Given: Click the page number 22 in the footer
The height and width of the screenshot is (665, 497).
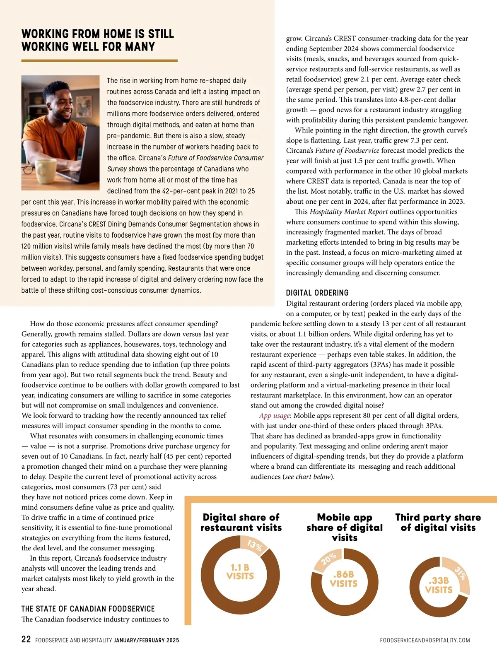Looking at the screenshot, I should (26, 639).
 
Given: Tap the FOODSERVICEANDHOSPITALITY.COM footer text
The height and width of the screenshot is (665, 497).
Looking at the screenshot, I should (425, 640).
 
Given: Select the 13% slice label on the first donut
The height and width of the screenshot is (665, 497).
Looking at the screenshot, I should (254, 545).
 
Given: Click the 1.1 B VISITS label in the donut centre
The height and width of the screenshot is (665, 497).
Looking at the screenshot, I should (240, 572).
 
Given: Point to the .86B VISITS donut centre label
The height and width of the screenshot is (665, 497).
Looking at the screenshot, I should (344, 579).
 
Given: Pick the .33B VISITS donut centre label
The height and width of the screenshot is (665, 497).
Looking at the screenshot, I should (439, 585).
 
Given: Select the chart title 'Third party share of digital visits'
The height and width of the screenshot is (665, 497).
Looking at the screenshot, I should (438, 523).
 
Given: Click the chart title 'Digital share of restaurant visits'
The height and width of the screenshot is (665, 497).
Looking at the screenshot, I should (241, 523).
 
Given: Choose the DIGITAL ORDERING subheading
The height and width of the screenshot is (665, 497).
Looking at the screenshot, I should (317, 293).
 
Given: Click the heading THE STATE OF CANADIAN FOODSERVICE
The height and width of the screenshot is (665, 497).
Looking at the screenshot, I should (88, 609).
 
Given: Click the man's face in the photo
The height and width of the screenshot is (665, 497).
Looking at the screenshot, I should (63, 107).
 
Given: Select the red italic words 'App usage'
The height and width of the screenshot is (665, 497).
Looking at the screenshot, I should (275, 416).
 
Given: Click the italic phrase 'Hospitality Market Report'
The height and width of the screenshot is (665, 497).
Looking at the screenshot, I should (343, 212).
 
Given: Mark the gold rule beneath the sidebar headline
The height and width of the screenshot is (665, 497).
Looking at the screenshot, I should (99, 60).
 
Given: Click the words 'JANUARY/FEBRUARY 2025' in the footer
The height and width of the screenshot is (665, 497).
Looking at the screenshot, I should (146, 640).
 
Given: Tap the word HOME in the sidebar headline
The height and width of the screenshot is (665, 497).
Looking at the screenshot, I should (113, 34).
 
